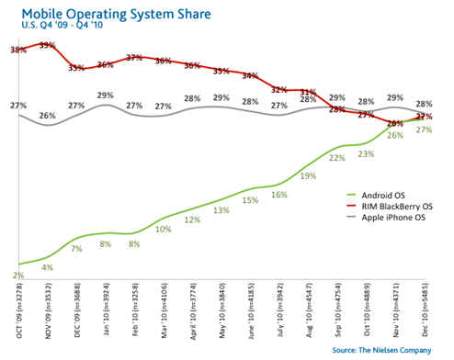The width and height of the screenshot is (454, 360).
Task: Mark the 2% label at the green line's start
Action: tap(19, 276)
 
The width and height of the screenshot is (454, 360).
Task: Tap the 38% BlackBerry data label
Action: tap(17, 50)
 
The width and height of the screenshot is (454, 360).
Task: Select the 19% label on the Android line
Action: tap(309, 176)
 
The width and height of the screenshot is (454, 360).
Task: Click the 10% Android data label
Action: tap(164, 229)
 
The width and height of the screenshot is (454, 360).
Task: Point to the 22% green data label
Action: tap(337, 158)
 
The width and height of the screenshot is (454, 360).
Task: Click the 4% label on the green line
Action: tap(48, 268)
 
